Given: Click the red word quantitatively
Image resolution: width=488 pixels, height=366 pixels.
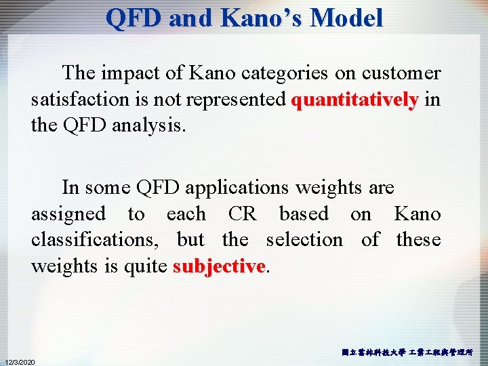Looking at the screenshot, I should click(354, 100).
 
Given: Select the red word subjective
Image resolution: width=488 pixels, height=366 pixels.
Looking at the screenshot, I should click(218, 266).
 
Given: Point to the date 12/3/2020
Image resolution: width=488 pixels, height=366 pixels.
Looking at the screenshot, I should click(20, 361).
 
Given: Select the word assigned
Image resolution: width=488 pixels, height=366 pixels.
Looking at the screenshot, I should click(68, 214).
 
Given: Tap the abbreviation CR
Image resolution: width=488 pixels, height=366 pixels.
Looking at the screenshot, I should click(242, 214).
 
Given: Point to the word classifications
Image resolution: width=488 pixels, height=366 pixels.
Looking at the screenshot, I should click(95, 240).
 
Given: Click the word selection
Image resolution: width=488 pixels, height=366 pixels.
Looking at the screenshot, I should click(304, 240).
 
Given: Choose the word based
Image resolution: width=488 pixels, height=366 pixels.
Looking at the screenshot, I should click(303, 214).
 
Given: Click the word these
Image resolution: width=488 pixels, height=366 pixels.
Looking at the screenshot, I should click(418, 240).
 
